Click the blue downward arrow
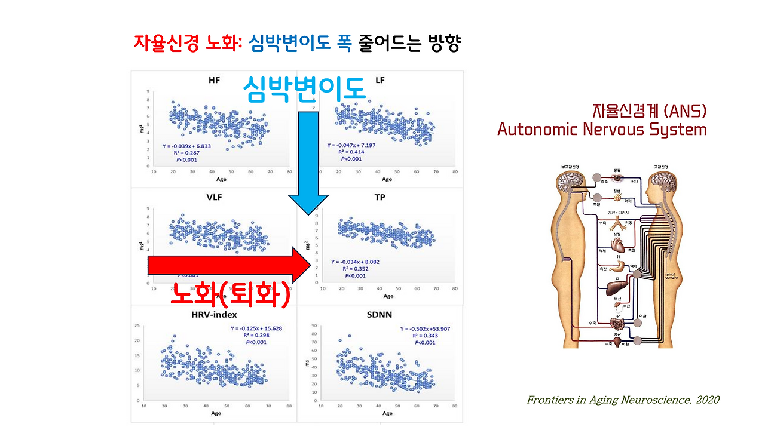click(x=308, y=161)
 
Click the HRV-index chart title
click(x=214, y=315)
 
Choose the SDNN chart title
click(x=380, y=315)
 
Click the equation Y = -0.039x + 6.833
click(x=190, y=145)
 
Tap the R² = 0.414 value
click(x=351, y=152)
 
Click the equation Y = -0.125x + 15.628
click(x=256, y=328)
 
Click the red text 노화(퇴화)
click(x=230, y=294)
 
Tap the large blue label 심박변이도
click(x=304, y=90)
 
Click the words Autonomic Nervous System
click(x=602, y=130)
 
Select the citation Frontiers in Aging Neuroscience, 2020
click(x=623, y=400)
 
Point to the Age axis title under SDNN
click(x=387, y=413)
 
